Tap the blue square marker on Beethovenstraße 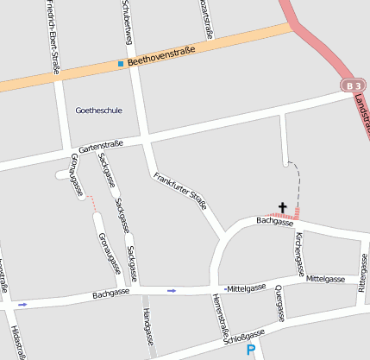(x=121, y=64)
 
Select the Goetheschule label (x=99, y=111)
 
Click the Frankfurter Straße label (x=180, y=192)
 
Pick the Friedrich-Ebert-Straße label (x=53, y=37)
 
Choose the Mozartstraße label (x=205, y=18)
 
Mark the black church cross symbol (x=281, y=207)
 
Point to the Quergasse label (x=279, y=305)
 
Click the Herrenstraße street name (x=220, y=315)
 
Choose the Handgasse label (x=148, y=328)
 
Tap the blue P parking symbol (x=251, y=350)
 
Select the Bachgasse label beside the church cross (x=275, y=222)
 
